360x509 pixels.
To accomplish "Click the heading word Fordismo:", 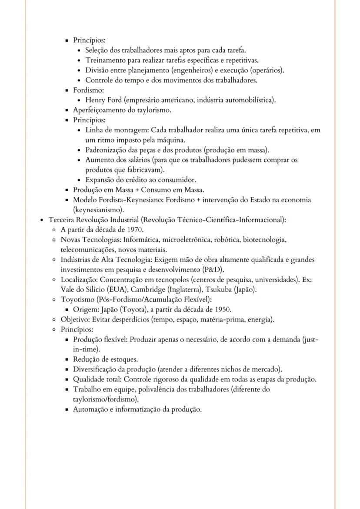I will coord(88,90).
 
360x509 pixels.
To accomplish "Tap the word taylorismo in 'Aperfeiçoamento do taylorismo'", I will coord(153,110).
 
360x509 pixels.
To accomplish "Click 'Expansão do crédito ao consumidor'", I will coord(140,180).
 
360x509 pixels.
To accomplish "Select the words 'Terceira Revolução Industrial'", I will coord(94,220).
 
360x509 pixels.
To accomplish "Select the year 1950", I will coord(223,309).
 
